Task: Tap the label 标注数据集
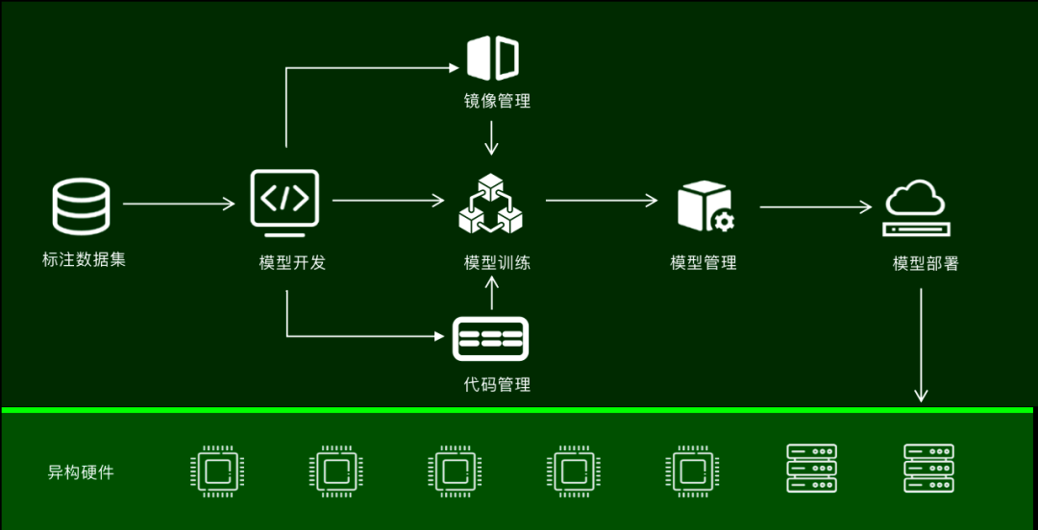[84, 259]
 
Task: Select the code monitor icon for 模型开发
[284, 202]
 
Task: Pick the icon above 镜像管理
[493, 59]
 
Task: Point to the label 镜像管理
[497, 101]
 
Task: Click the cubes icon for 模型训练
[489, 204]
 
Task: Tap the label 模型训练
[497, 262]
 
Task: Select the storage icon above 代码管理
[490, 338]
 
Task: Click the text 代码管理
[497, 384]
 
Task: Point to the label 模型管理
[704, 262]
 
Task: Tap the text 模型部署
[926, 263]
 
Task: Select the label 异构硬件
[81, 472]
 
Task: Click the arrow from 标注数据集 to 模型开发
[179, 204]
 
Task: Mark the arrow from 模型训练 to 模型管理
[602, 201]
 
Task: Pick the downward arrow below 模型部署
[922, 345]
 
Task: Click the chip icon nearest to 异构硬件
[217, 470]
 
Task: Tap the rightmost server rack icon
[928, 469]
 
